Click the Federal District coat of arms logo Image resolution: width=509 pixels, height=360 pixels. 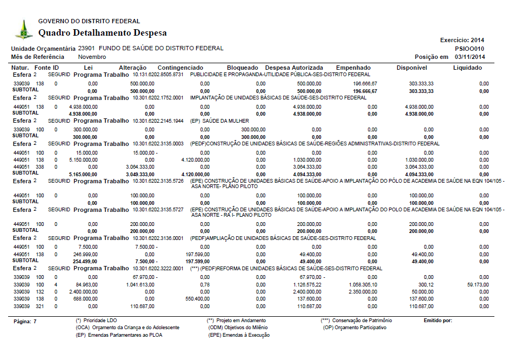[x=23, y=29]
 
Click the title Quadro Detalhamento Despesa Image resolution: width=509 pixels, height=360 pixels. [x=103, y=33]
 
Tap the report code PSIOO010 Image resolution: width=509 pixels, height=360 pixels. [x=470, y=48]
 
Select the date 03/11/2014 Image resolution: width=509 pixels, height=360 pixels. [x=470, y=57]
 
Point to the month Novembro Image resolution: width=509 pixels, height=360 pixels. [x=92, y=57]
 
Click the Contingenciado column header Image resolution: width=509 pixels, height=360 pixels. [x=180, y=68]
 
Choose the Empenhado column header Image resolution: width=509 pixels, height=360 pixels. [x=353, y=68]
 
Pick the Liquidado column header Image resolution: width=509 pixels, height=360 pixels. [x=467, y=68]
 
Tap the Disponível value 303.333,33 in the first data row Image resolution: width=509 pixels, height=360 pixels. [x=421, y=84]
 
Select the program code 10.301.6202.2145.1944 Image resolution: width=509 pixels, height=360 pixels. [x=158, y=121]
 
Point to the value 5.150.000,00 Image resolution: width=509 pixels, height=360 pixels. [x=83, y=161]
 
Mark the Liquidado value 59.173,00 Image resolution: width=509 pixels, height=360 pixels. [x=478, y=284]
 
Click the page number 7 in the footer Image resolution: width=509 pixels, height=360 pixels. [x=35, y=321]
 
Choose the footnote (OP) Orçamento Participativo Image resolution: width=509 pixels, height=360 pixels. [x=354, y=328]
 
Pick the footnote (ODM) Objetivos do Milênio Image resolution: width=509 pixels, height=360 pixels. [x=238, y=328]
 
